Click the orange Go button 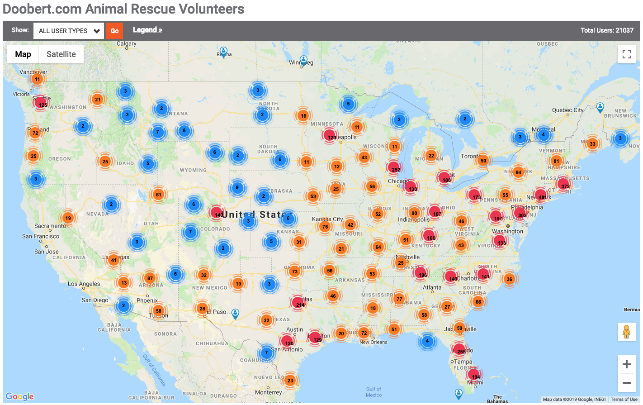[114, 31]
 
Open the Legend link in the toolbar [147, 30]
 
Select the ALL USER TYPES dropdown [69, 31]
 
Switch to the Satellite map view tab [61, 54]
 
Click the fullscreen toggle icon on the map [626, 54]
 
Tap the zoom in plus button [626, 364]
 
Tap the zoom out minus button [626, 383]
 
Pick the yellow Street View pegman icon [626, 332]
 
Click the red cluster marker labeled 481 [541, 195]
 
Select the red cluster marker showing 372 [563, 185]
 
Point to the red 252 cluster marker [394, 168]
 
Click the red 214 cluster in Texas [298, 303]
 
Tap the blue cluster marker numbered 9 [237, 187]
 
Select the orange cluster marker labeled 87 [150, 278]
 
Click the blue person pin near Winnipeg [303, 60]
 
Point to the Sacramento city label [50, 226]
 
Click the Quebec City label [567, 110]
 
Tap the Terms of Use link [624, 400]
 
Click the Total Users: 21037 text [607, 30]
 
